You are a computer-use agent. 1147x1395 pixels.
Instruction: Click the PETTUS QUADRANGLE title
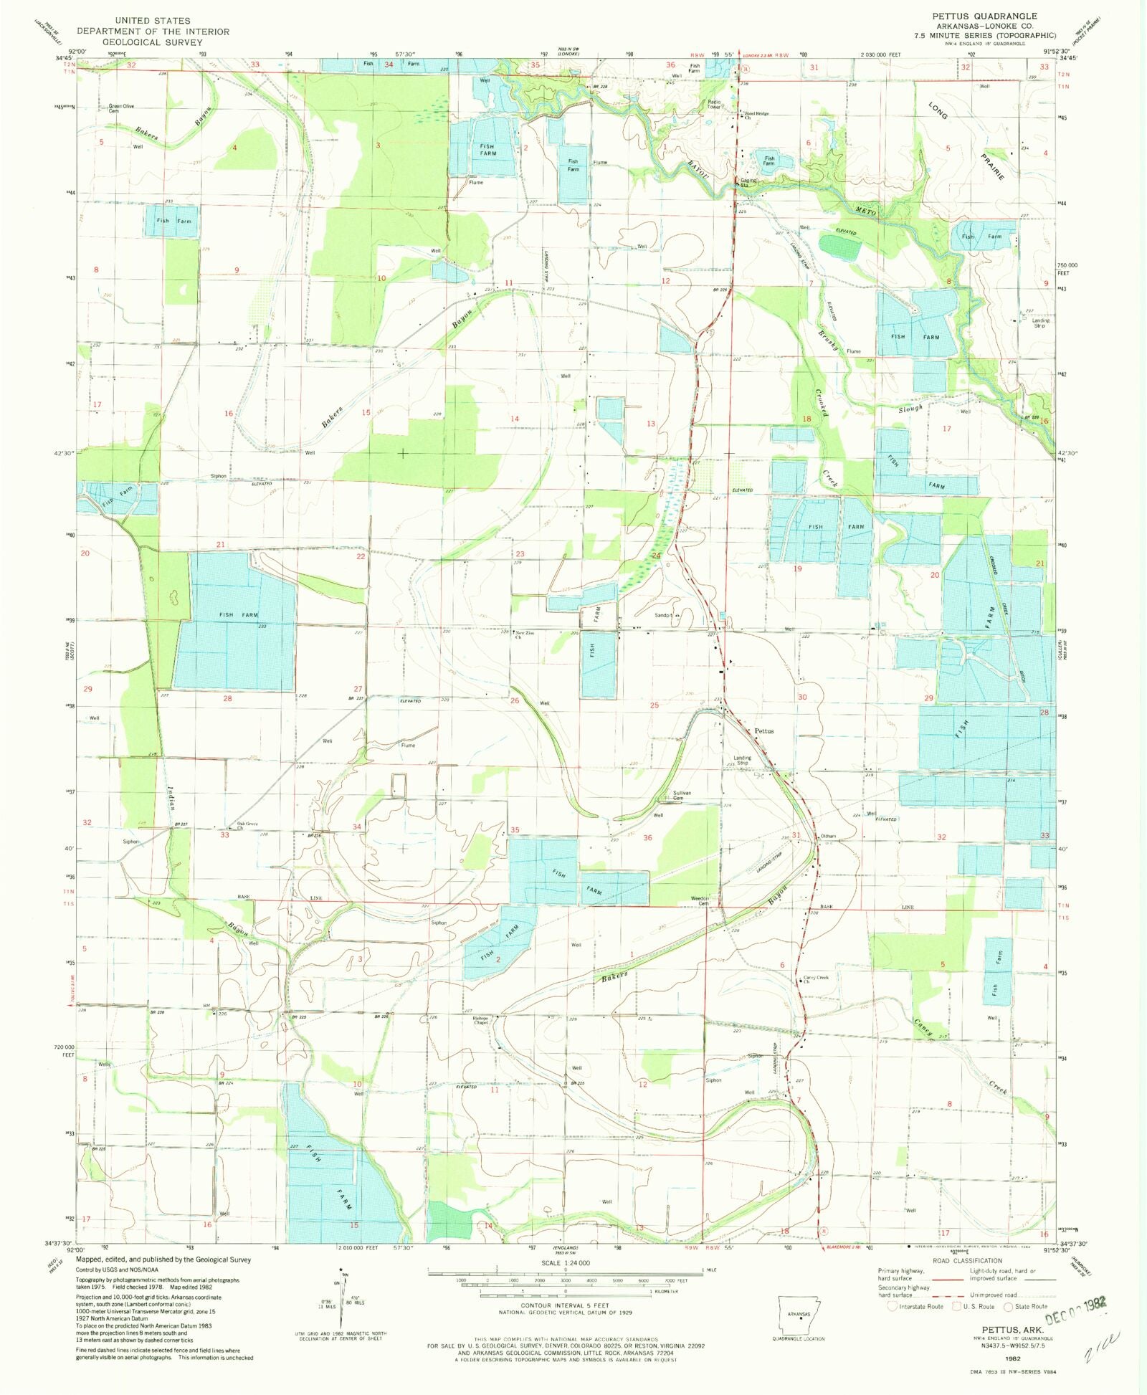[x=984, y=16]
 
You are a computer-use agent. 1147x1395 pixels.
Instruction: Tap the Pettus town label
[x=764, y=731]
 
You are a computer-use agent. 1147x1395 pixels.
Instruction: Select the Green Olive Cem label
[x=121, y=109]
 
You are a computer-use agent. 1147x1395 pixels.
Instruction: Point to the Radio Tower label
[x=714, y=105]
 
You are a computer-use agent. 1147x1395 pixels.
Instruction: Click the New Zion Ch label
[x=525, y=634]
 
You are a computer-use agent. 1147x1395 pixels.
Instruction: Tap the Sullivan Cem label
[x=682, y=796]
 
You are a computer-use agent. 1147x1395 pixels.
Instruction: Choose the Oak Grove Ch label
[x=247, y=825]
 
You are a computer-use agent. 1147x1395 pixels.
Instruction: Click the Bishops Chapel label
[x=480, y=1020]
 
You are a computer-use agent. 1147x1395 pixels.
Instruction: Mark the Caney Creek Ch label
[x=816, y=979]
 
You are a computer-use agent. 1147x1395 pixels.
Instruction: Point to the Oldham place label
[x=828, y=837]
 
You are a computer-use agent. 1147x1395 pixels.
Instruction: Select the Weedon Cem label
[x=700, y=900]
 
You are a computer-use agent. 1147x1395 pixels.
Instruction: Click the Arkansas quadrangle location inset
[x=799, y=1316]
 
